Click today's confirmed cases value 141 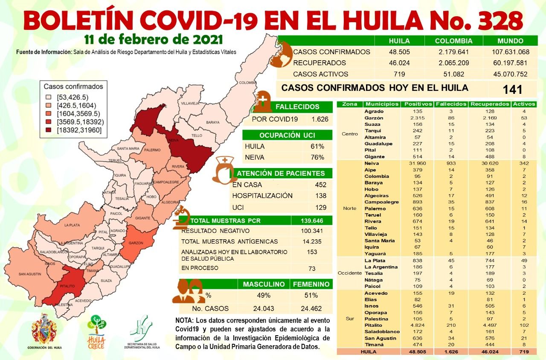[x=512, y=90]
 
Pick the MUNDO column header [x=510, y=41]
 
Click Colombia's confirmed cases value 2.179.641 [x=453, y=52]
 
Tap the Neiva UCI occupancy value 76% [x=317, y=157]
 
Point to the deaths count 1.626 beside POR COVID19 [x=320, y=119]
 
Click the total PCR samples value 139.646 [x=311, y=221]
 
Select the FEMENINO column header [x=311, y=284]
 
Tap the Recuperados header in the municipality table [x=489, y=104]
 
